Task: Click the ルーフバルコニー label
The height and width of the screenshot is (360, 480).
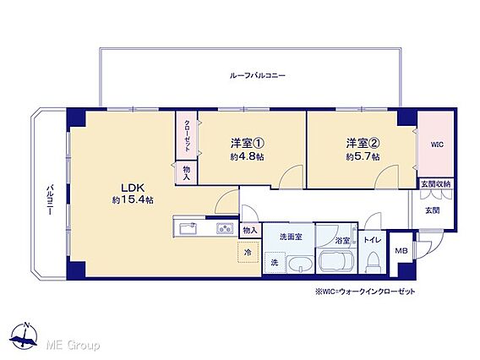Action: coord(258,75)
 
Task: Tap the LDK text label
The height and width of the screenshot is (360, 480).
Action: coord(133,188)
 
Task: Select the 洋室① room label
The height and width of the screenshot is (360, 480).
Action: coord(248,143)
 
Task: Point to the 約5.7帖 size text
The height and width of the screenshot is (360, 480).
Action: coord(363,156)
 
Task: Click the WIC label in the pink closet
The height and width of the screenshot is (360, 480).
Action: coord(437,145)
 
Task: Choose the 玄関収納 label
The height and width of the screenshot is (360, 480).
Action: coord(436,184)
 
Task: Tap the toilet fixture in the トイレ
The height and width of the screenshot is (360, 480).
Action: coord(374,261)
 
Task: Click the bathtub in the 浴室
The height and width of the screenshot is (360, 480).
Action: coord(336,261)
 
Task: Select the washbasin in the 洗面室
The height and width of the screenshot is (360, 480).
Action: coord(300,265)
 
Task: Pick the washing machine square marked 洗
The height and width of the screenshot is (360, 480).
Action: coord(275,262)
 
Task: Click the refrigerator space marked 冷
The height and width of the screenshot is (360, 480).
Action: coord(248,252)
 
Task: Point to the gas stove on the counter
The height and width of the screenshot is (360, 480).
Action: coord(225,228)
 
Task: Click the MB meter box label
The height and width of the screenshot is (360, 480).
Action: coord(401,251)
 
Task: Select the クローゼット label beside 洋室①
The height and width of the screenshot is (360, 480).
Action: coord(187,135)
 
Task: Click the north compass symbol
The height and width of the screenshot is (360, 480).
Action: coord(24,335)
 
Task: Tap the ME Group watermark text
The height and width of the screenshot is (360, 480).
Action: coord(73,346)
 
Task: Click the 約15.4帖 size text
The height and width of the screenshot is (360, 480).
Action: coord(133,200)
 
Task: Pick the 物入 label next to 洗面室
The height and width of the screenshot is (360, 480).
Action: coord(250,230)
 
